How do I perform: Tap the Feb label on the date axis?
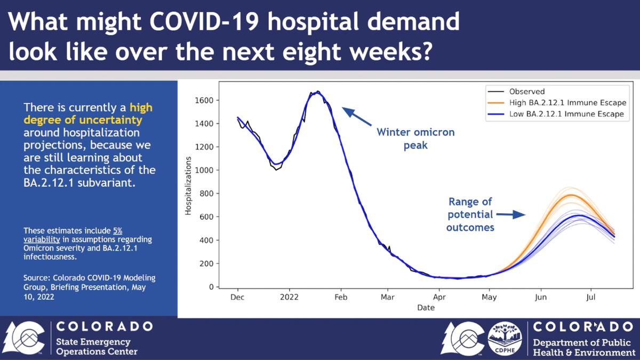(341, 297)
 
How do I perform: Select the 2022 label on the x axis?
(290, 297)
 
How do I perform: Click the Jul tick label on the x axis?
(590, 297)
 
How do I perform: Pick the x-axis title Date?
(426, 308)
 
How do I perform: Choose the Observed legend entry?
(526, 91)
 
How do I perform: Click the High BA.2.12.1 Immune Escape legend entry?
(567, 102)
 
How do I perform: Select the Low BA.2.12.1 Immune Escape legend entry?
(566, 114)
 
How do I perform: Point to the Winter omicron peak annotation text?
(415, 138)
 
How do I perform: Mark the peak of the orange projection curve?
(571, 195)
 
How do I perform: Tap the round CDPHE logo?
(504, 338)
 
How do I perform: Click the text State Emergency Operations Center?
(97, 347)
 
